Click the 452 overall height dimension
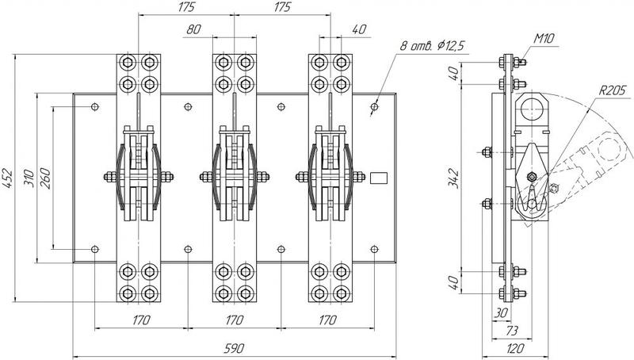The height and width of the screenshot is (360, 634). click(x=8, y=178)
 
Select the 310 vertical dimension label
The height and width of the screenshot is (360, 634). click(x=29, y=178)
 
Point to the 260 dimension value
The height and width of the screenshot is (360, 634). click(x=45, y=178)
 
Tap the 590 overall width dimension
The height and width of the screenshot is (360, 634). click(x=235, y=348)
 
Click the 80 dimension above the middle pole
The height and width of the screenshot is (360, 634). click(x=193, y=29)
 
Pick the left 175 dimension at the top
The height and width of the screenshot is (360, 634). click(x=186, y=7)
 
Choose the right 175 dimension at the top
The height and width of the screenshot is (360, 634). click(x=282, y=7)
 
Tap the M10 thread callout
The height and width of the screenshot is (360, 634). click(x=544, y=38)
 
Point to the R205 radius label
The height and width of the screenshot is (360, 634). click(x=612, y=90)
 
